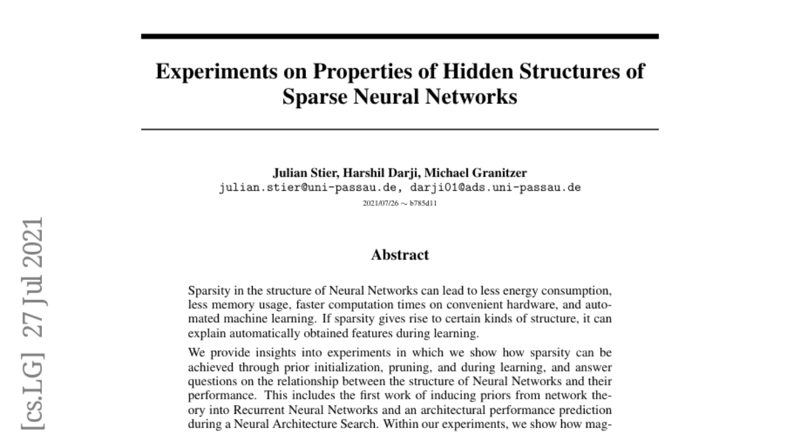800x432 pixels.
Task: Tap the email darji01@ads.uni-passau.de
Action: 495,187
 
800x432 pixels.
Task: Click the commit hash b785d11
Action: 424,201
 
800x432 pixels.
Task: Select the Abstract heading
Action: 400,254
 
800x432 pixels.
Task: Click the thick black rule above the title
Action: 400,36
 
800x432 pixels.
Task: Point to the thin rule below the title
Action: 400,129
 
